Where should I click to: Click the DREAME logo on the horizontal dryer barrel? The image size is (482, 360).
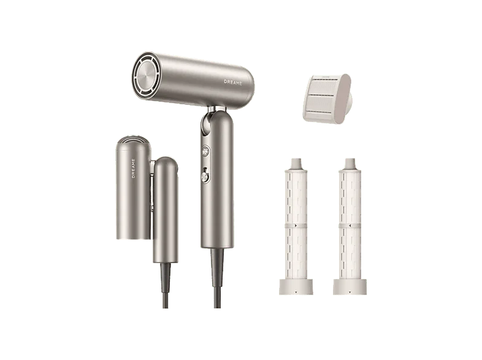[233, 82]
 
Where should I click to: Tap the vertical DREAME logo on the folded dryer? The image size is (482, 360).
[134, 169]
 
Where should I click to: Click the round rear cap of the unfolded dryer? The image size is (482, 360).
[146, 76]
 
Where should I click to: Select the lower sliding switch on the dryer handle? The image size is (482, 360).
[205, 176]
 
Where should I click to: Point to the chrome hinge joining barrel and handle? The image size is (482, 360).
[216, 109]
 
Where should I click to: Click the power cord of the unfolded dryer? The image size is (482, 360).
[217, 278]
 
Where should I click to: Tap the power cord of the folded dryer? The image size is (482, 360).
[166, 286]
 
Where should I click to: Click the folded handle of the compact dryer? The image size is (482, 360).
[166, 210]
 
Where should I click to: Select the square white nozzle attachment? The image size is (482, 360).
[327, 99]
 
